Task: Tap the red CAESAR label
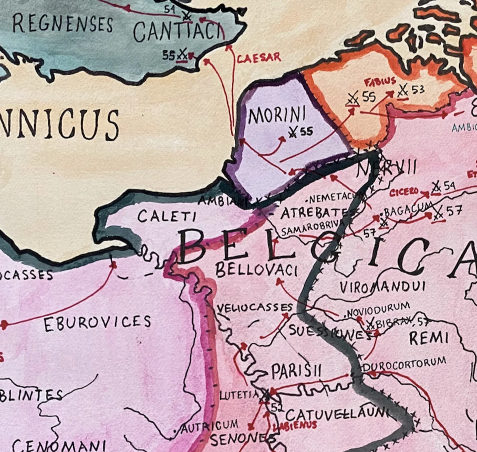pos(259,58)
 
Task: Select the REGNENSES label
pos(63,24)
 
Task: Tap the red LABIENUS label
pos(294,426)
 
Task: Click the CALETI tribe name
pos(167,216)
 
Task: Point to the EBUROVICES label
pos(97,323)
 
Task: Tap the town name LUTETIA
pos(239,395)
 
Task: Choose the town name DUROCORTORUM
pos(404,365)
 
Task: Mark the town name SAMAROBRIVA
pos(310,228)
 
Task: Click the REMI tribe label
pos(429,338)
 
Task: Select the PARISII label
pos(296,372)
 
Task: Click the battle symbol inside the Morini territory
pos(292,133)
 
